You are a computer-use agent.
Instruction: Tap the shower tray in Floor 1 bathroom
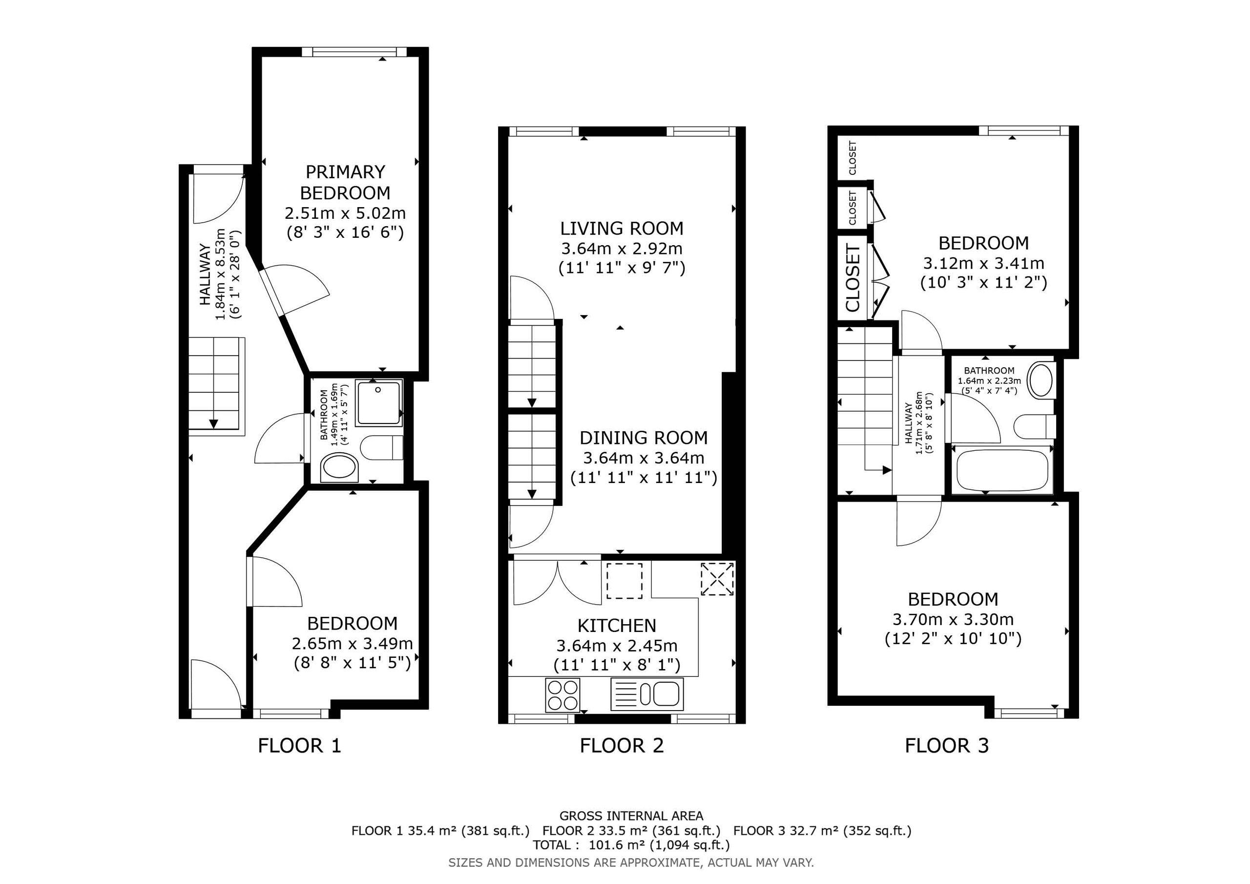coord(379,403)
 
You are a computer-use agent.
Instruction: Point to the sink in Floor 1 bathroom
coord(340,468)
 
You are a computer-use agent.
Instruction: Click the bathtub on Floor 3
coord(1002,469)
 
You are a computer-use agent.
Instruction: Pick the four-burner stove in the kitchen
coord(562,695)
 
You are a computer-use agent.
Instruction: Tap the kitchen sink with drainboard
coord(647,694)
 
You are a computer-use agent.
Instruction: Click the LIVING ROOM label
coord(622,228)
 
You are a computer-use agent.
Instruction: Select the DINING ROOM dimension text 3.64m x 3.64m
coord(644,458)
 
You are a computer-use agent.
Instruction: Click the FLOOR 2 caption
coord(622,746)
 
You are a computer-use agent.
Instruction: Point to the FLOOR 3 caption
coord(947,746)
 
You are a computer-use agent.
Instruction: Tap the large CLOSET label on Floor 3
coord(853,278)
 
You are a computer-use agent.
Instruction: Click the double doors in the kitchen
coord(558,582)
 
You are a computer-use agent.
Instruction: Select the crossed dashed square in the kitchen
coord(718,579)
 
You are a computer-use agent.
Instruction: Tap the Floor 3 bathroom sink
coord(1041,379)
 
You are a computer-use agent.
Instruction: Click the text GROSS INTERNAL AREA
coord(631,816)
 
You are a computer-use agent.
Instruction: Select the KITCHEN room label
coord(617,626)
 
